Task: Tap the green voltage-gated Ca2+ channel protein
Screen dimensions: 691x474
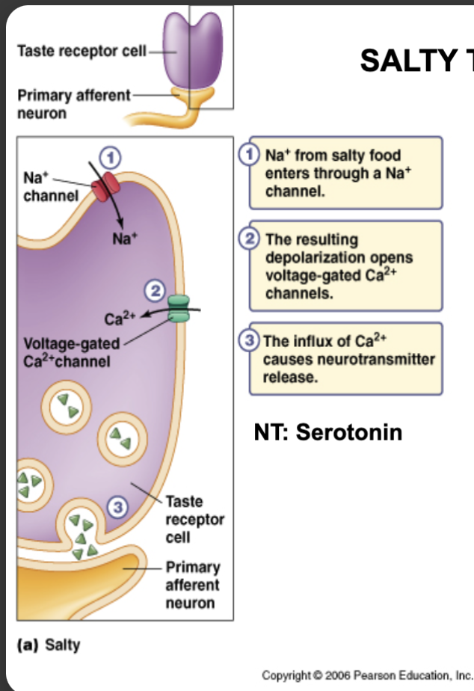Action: point(179,309)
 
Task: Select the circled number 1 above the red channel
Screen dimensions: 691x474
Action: point(110,158)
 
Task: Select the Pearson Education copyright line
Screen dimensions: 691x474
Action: point(366,675)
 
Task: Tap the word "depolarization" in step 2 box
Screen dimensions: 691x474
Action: point(313,258)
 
